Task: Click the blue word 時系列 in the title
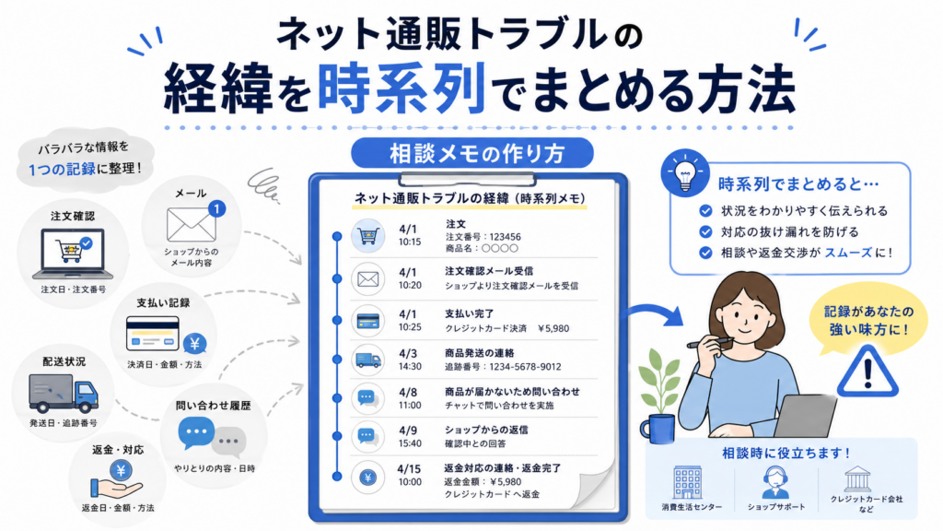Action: click(x=402, y=88)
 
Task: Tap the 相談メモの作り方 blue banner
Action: click(x=472, y=153)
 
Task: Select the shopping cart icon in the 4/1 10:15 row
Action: click(x=368, y=235)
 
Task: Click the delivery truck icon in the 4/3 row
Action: click(x=368, y=360)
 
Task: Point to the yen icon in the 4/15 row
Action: click(x=368, y=478)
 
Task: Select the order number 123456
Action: click(x=505, y=237)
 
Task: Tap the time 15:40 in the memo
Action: click(x=410, y=443)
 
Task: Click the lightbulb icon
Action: click(x=685, y=174)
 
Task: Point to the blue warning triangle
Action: click(x=867, y=372)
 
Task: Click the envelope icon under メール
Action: click(x=191, y=225)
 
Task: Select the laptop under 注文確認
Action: click(x=72, y=254)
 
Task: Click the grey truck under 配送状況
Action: click(x=64, y=393)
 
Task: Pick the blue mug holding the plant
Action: click(x=658, y=428)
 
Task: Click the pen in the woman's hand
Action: click(x=710, y=343)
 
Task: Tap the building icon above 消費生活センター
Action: click(x=687, y=482)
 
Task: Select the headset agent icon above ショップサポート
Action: click(x=775, y=482)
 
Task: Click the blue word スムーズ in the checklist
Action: click(x=848, y=253)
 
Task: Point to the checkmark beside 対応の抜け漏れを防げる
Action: click(x=705, y=231)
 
